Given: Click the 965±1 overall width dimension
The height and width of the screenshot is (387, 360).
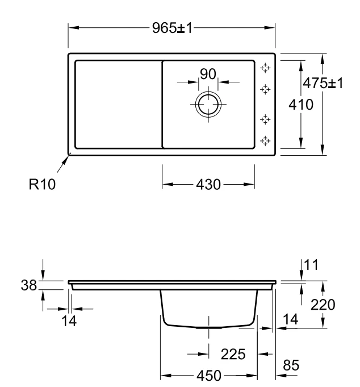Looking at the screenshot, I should pos(173,28).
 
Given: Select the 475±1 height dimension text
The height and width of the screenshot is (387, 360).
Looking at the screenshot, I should pos(323,82).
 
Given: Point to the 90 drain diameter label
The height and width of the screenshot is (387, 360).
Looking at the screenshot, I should pos(208,73).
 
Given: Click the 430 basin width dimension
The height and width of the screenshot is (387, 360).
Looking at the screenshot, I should pos(208,185).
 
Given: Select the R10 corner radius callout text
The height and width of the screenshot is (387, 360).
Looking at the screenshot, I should pos(43,184).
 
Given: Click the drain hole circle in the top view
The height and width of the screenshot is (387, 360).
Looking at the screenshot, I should pos(208,105).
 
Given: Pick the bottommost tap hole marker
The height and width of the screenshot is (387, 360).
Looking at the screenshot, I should pos(265,140).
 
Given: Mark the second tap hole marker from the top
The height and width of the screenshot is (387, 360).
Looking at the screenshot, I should pos(265,89).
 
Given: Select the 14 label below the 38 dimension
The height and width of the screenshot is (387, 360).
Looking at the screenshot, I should pos(69,321).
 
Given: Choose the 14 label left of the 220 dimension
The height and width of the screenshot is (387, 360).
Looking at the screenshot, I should pos(290,320).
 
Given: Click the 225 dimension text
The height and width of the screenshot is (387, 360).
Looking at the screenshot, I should pos(233,355).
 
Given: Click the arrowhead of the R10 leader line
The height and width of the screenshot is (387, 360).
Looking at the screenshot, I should pos(69,155).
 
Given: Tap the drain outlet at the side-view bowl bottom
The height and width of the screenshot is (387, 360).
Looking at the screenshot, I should pos(209,328).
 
